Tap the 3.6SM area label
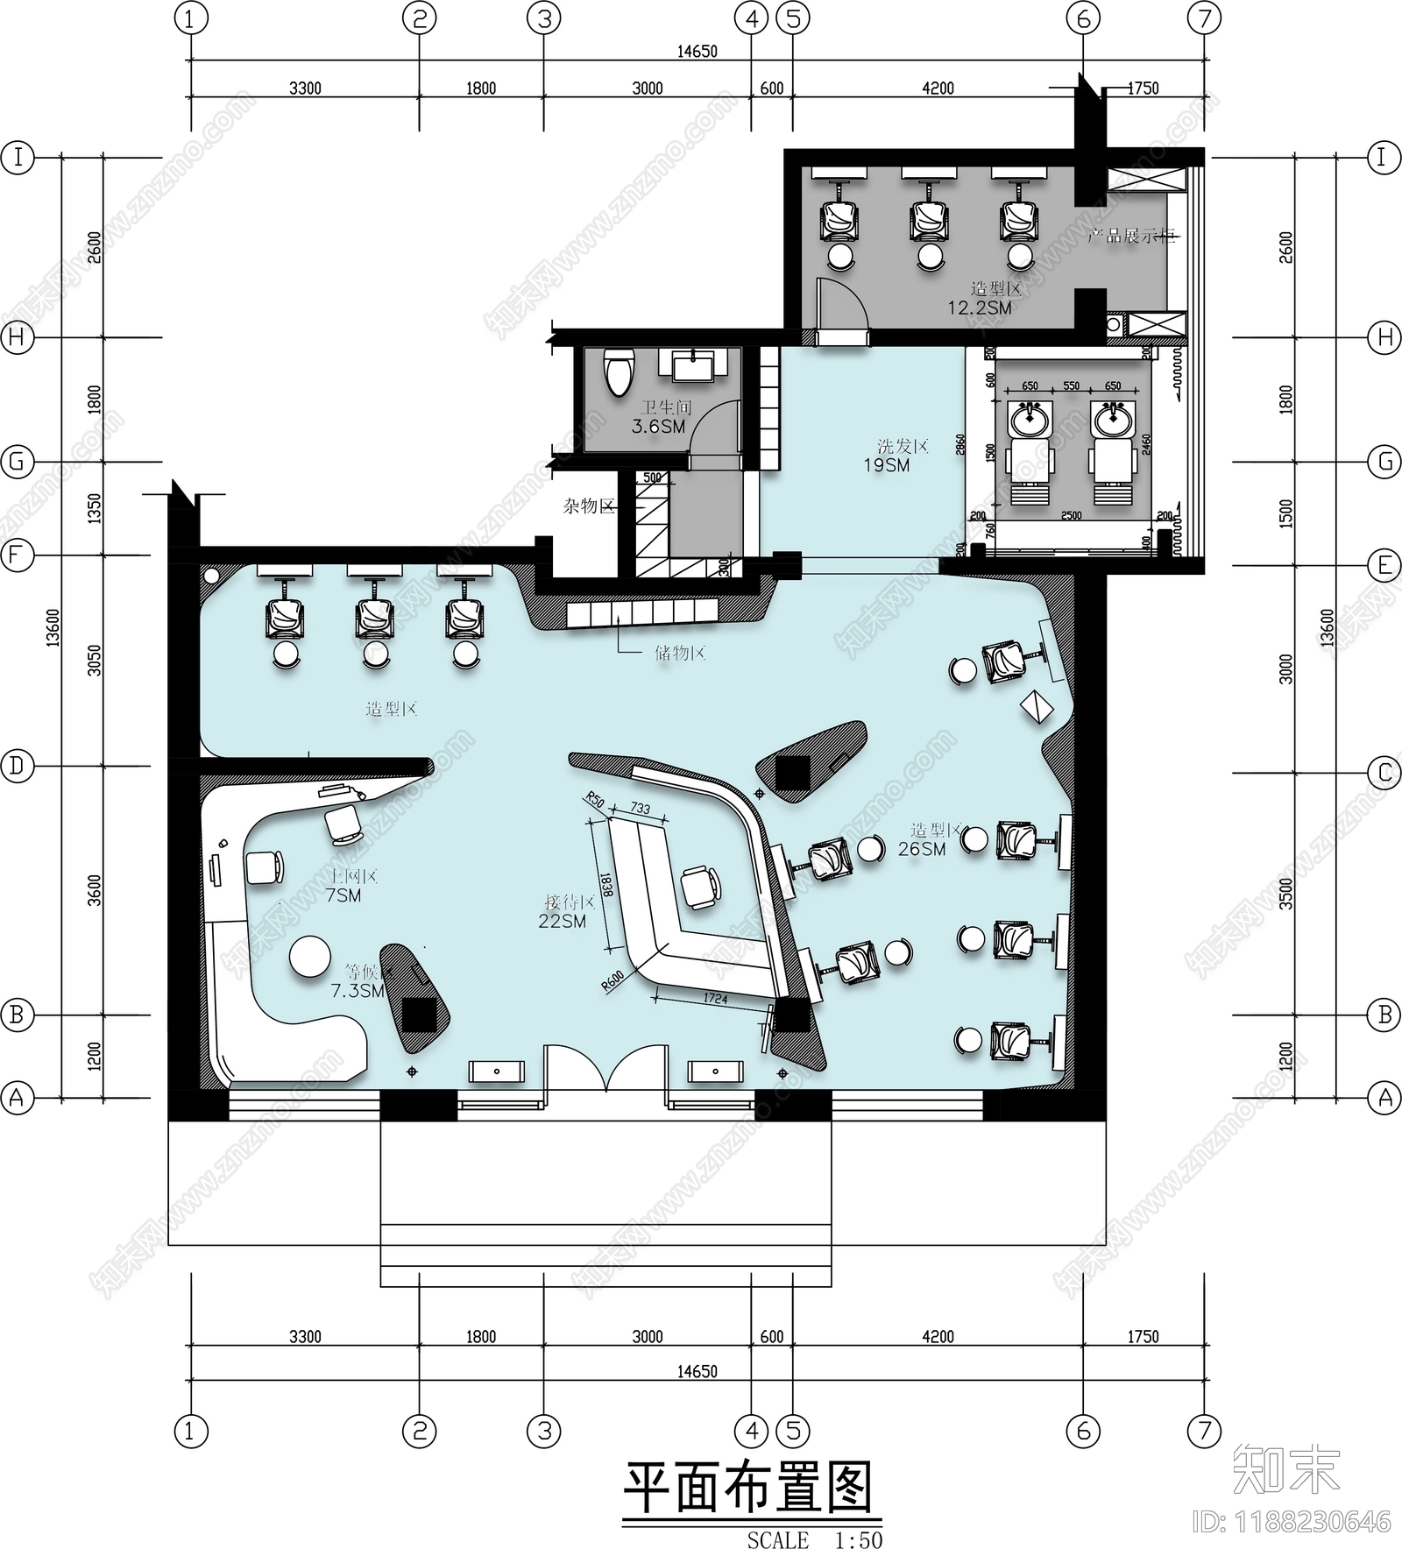click(658, 427)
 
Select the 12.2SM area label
click(979, 308)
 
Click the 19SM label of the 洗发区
click(886, 465)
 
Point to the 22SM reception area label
click(562, 921)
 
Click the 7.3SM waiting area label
click(358, 991)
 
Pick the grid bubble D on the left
click(17, 766)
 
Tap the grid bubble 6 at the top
click(1083, 18)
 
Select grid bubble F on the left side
click(17, 555)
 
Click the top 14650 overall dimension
click(697, 51)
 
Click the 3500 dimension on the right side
click(1285, 893)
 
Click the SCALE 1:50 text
click(814, 1540)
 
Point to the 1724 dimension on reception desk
click(715, 998)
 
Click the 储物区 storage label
click(679, 653)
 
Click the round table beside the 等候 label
click(310, 957)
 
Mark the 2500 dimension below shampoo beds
click(1071, 516)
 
